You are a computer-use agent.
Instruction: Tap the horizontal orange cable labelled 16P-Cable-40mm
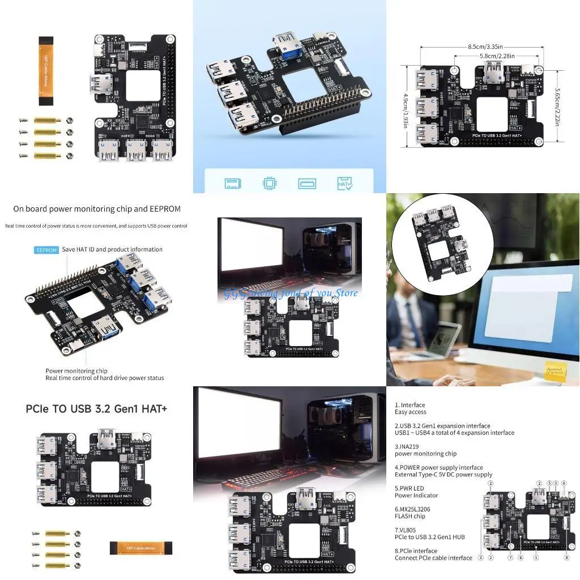click(x=134, y=548)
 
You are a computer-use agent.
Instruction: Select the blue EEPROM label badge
click(x=46, y=250)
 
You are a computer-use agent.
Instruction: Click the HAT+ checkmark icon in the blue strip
click(x=345, y=183)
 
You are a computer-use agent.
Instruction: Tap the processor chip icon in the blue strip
click(x=269, y=183)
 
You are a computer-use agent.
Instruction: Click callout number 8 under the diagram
click(x=566, y=557)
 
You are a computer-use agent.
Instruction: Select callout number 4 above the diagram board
click(x=564, y=483)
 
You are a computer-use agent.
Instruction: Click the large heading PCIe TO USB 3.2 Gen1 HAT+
click(x=96, y=408)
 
